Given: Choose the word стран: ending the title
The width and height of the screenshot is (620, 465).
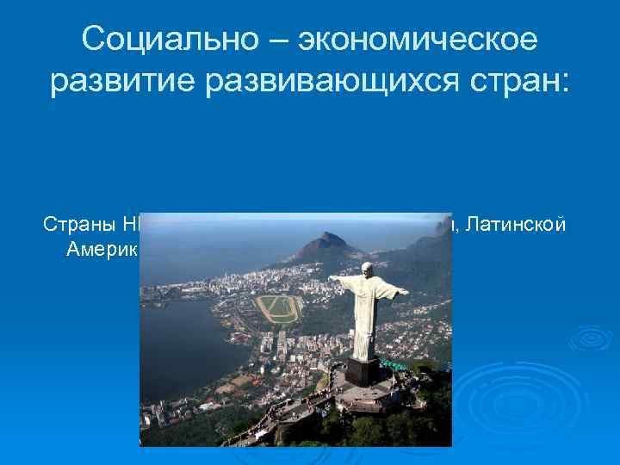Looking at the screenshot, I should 525,80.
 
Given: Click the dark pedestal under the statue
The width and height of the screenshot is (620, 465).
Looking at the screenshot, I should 364,373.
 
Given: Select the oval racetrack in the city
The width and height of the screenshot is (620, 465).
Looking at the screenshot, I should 279,308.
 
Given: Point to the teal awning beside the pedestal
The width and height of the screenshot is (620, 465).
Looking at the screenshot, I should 394,364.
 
